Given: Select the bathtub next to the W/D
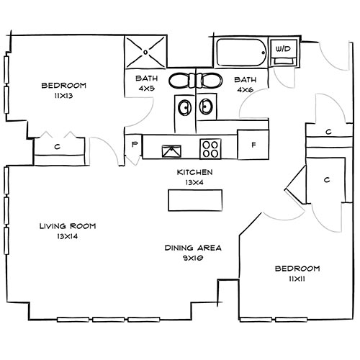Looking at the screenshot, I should tap(240, 53).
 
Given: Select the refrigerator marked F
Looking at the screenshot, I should tap(253, 145).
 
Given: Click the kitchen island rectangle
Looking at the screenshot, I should tap(193, 199).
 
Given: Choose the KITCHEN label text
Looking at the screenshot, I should tap(194, 173).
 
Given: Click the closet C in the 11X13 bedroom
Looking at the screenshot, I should tap(57, 147).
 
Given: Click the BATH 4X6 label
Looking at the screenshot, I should tap(245, 85).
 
